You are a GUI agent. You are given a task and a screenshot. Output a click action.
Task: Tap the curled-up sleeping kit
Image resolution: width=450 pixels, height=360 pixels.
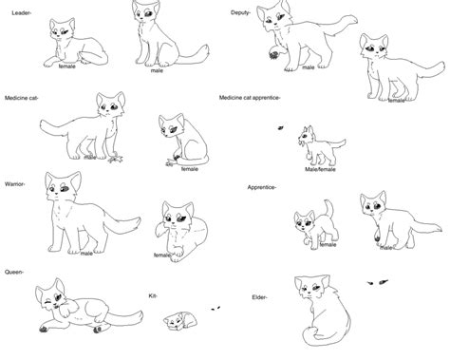point(175,320)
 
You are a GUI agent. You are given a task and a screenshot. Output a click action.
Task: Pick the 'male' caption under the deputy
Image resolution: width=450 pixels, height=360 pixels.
point(309,67)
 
